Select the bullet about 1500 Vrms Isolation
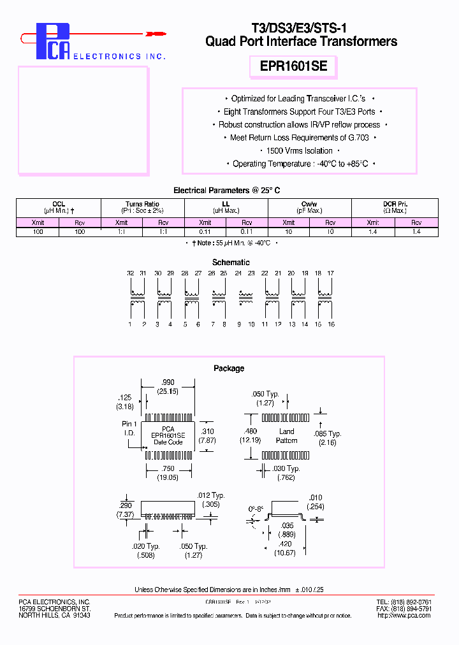pyautogui.click(x=299, y=151)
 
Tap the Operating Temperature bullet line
pyautogui.click(x=299, y=164)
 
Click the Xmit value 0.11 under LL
pyautogui.click(x=205, y=232)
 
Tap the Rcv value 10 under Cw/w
pyautogui.click(x=330, y=232)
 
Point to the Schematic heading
pyautogui.click(x=231, y=262)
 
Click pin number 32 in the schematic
pyautogui.click(x=130, y=273)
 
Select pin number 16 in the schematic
pyautogui.click(x=331, y=324)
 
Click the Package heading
pyautogui.click(x=229, y=368)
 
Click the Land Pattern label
pyautogui.click(x=287, y=436)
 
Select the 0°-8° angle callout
pyautogui.click(x=256, y=510)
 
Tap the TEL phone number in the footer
pyautogui.click(x=404, y=602)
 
